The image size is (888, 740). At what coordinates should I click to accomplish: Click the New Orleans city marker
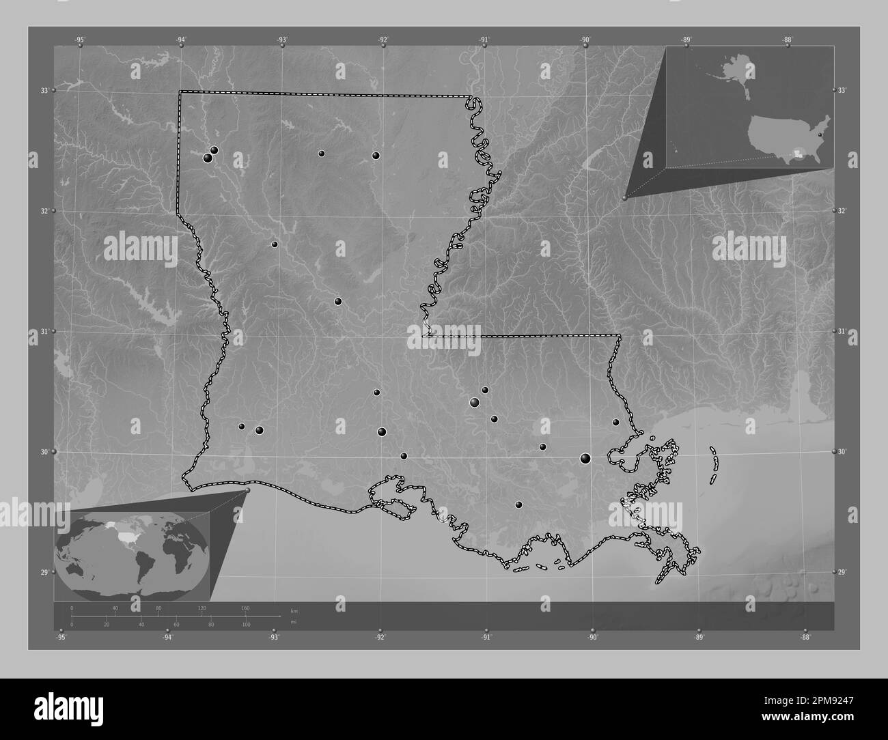tap(585, 458)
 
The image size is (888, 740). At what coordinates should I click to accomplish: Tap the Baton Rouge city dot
tap(474, 402)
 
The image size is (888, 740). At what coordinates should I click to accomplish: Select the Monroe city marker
tap(376, 156)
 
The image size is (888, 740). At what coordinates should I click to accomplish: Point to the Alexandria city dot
tap(338, 301)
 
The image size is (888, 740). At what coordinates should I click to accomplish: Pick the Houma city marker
tap(518, 504)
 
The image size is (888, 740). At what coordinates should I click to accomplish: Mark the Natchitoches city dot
tap(275, 244)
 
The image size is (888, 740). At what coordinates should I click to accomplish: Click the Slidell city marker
tap(615, 422)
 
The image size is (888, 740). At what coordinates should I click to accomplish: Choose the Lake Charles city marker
tap(260, 430)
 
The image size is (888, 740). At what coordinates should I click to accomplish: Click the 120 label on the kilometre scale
tap(202, 608)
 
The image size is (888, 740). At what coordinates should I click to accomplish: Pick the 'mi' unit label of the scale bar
tap(294, 622)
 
